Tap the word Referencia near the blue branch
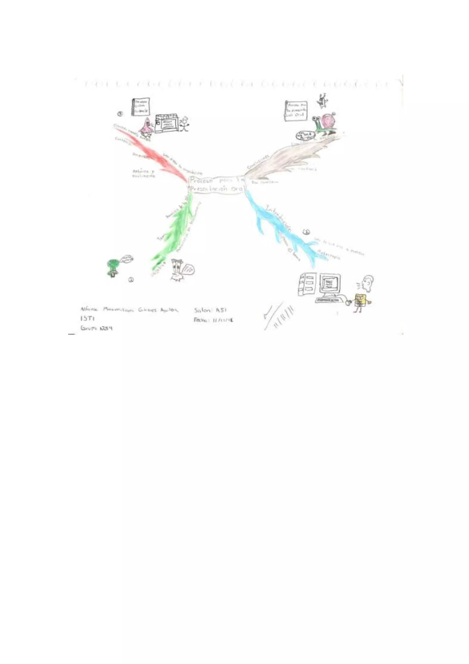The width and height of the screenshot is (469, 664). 329,255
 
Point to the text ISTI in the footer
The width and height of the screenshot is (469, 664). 87,318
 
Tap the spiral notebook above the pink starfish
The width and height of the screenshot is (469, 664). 141,107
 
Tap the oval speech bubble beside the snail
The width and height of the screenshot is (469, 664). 305,135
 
